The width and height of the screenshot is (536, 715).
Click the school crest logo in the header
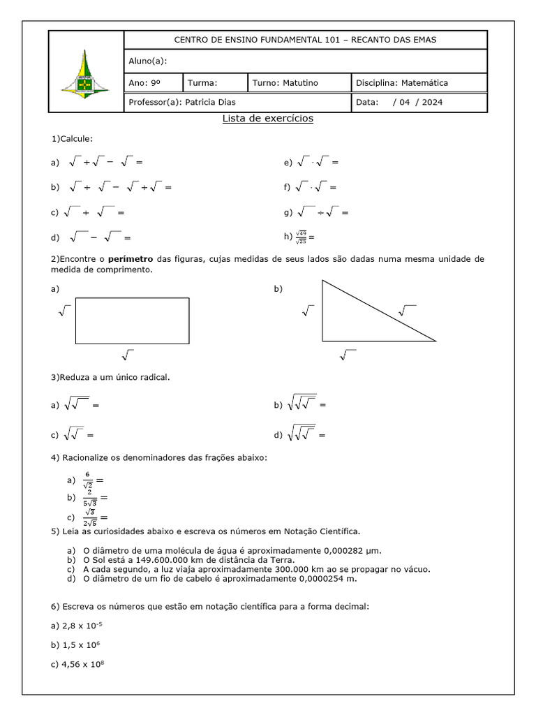[x=85, y=72]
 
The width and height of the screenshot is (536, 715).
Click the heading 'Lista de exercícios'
[x=267, y=119]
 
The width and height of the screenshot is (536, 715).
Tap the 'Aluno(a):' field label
[x=147, y=61]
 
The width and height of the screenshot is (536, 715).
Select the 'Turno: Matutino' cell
[x=285, y=82]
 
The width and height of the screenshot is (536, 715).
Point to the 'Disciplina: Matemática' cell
[x=402, y=82]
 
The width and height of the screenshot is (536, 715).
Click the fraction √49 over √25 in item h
[x=301, y=237]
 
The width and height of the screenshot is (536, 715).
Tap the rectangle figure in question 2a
[x=132, y=320]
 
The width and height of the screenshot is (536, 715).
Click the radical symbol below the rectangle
[x=127, y=354]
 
